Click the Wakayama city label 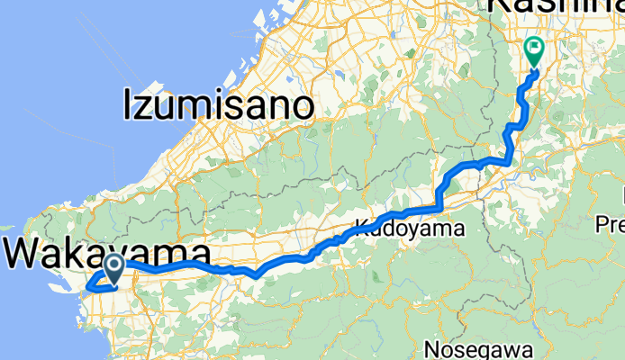pyautogui.click(x=108, y=253)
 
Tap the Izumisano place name pyautogui.click(x=218, y=106)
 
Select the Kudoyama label pyautogui.click(x=415, y=229)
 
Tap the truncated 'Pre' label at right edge pyautogui.click(x=612, y=219)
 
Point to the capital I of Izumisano pyautogui.click(x=128, y=106)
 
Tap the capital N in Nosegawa pyautogui.click(x=431, y=347)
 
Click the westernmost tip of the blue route pyautogui.click(x=87, y=288)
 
